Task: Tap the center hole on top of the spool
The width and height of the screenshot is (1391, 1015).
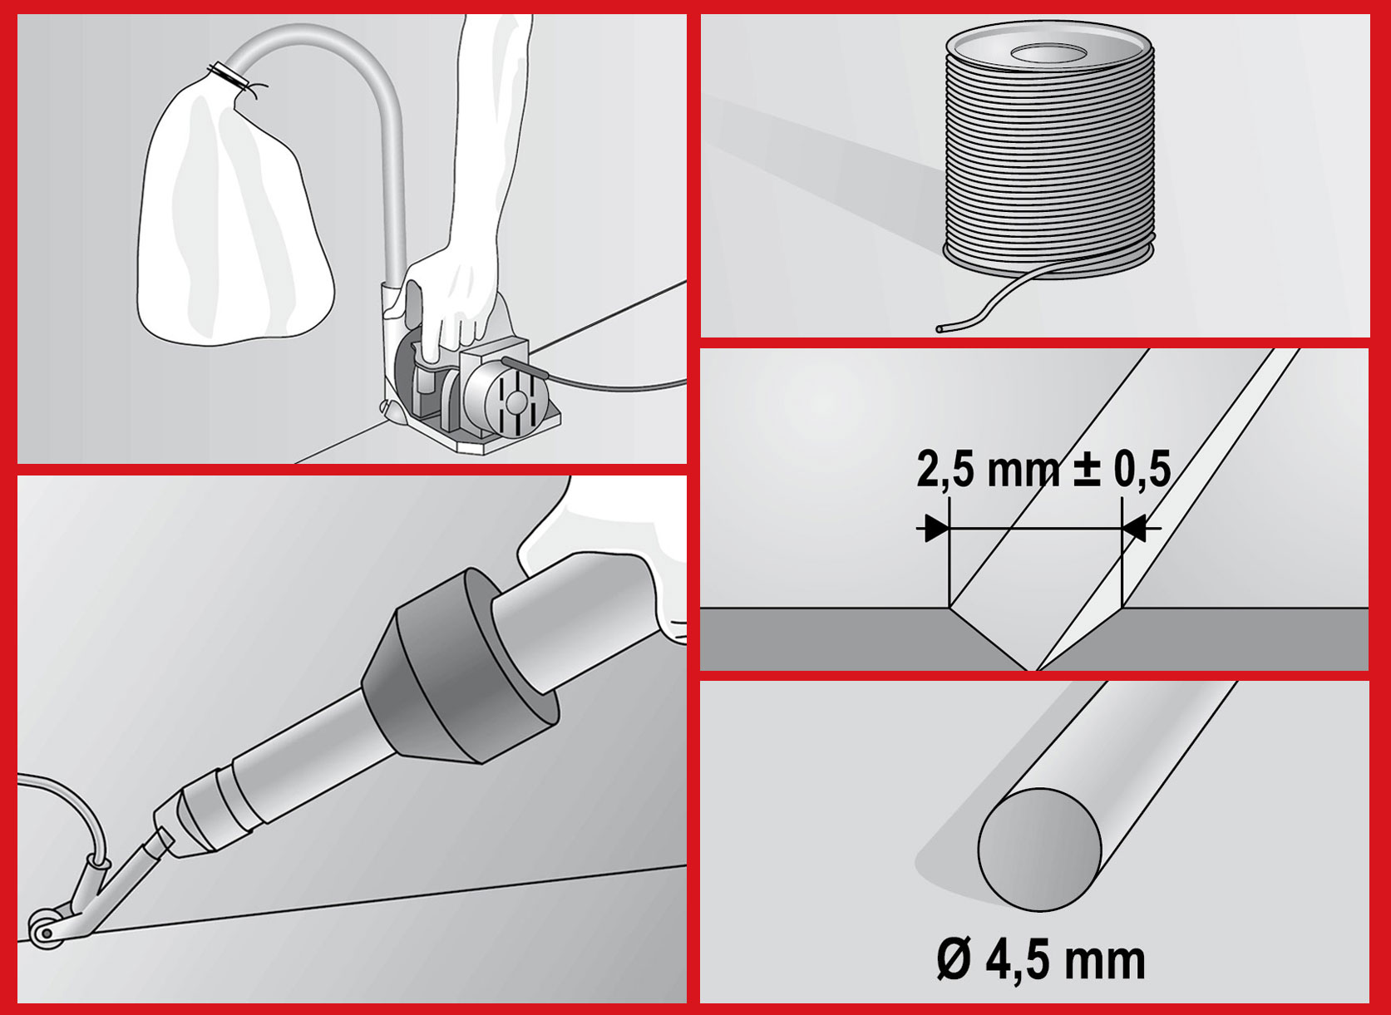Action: pyautogui.click(x=1050, y=53)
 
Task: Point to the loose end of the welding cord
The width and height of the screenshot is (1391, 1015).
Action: pyautogui.click(x=941, y=328)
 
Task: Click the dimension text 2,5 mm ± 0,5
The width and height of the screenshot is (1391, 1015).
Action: pyautogui.click(x=1043, y=470)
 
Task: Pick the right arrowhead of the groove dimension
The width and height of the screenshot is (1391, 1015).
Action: pyautogui.click(x=1134, y=529)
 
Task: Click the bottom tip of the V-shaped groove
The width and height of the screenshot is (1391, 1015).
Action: pyautogui.click(x=1032, y=669)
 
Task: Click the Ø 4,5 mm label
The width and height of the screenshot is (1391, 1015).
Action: pyautogui.click(x=1041, y=961)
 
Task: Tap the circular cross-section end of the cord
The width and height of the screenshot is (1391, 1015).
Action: pyautogui.click(x=1039, y=850)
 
